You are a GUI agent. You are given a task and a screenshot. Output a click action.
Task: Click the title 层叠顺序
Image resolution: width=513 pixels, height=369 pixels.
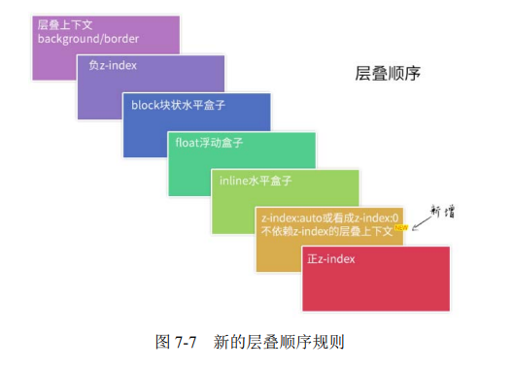(x=387, y=74)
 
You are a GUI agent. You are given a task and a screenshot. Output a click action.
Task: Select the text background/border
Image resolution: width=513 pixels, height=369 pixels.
(x=88, y=39)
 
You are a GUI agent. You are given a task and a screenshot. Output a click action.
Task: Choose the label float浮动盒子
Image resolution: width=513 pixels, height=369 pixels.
(x=209, y=143)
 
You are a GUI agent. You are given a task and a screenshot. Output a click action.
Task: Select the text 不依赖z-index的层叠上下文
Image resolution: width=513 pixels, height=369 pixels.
(x=325, y=231)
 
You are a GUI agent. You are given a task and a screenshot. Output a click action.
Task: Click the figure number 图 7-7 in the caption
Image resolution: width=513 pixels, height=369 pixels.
(x=177, y=342)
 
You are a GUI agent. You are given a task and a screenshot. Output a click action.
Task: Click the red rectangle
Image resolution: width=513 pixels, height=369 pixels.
(x=377, y=282)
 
